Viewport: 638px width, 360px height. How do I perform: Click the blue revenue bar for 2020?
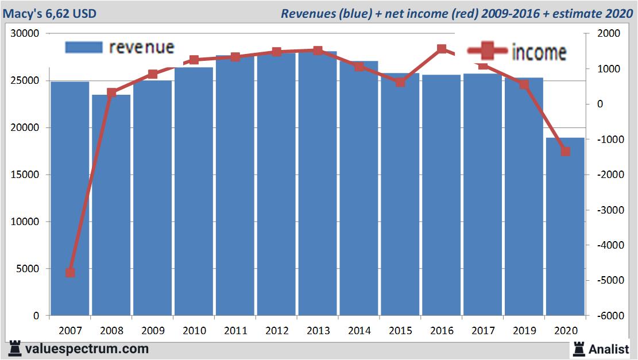pyautogui.click(x=565, y=227)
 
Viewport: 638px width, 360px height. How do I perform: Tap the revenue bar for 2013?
pyautogui.click(x=318, y=183)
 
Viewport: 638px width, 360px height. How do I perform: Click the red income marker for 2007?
pyautogui.click(x=70, y=272)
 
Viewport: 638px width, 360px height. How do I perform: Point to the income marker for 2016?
pyautogui.click(x=442, y=49)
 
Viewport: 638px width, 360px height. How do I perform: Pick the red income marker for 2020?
pyautogui.click(x=565, y=152)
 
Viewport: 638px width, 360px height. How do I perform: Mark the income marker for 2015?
pyautogui.click(x=400, y=82)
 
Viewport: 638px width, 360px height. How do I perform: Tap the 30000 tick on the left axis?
pyautogui.click(x=26, y=34)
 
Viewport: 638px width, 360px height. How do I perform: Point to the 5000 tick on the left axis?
pyautogui.click(x=29, y=269)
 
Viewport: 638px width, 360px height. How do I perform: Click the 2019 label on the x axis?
pyautogui.click(x=524, y=331)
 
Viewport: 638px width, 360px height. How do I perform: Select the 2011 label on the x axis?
pyautogui.click(x=235, y=331)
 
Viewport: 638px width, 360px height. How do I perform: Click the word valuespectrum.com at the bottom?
pyautogui.click(x=87, y=349)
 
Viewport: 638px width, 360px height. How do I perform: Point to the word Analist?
pyautogui.click(x=609, y=349)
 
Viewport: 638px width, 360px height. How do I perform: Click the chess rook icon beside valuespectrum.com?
pyautogui.click(x=15, y=349)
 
